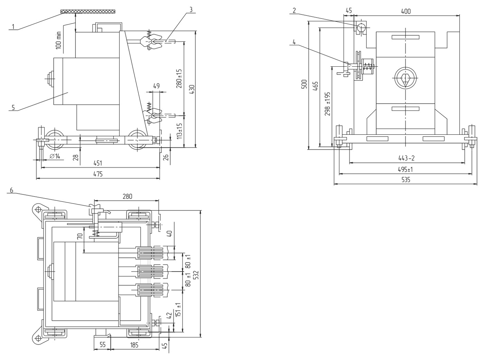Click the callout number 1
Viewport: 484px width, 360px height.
pos(13,27)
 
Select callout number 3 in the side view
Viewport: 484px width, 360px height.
pos(191,10)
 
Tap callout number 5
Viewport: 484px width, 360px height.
pos(13,107)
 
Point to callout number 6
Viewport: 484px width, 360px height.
pos(11,190)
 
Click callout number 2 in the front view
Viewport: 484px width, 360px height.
pos(294,10)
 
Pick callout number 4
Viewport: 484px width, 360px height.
pos(294,42)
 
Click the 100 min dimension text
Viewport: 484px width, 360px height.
pos(58,40)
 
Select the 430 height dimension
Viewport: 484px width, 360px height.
pos(192,89)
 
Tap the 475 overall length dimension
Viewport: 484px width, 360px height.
pos(98,174)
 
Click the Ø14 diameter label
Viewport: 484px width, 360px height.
pos(55,156)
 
